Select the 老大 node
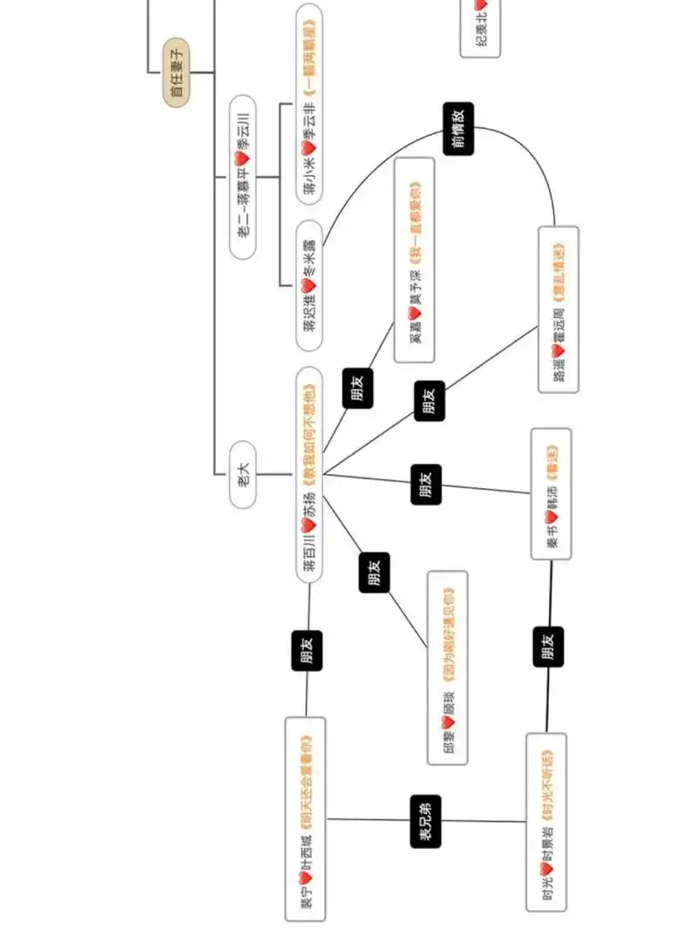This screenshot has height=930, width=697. (243, 474)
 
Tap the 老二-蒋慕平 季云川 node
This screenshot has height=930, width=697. (243, 176)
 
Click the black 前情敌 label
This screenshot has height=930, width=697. (458, 128)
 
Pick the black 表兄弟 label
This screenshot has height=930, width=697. (426, 820)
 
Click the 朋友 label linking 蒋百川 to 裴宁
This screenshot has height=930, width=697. (307, 650)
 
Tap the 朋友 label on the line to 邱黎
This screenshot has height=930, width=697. (375, 572)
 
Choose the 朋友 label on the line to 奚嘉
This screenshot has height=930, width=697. (355, 387)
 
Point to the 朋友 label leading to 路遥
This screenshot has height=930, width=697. (430, 400)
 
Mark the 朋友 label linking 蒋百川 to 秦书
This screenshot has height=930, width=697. (426, 484)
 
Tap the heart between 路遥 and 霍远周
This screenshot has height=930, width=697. (558, 350)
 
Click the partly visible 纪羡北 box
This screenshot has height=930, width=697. (481, 29)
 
